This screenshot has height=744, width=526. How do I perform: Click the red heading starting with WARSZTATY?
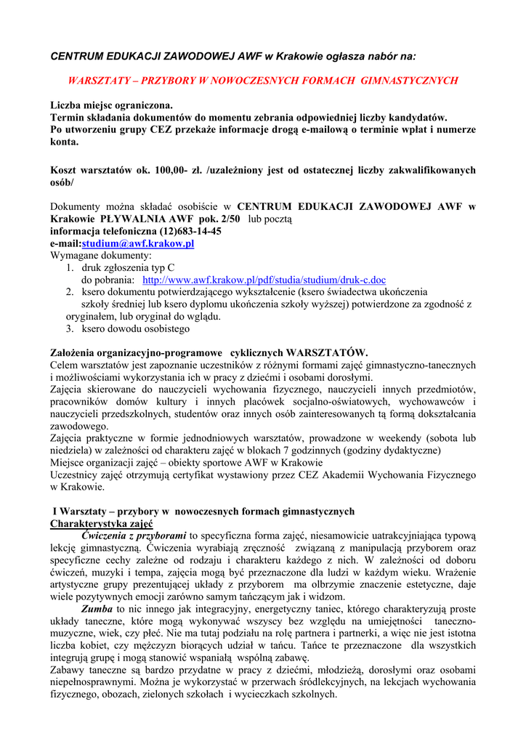point(262,81)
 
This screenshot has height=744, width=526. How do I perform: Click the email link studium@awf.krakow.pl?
point(138,243)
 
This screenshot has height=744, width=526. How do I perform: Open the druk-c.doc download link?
point(264,280)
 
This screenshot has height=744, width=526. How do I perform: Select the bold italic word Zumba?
point(98,608)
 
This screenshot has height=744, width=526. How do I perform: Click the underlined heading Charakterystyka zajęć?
point(101,523)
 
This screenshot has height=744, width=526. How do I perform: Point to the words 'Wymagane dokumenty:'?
point(101,256)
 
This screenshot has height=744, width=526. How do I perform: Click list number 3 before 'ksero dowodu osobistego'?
point(70,328)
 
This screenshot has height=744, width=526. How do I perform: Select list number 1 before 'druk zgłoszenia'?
point(70,267)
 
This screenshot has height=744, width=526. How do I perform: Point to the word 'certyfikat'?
point(195,474)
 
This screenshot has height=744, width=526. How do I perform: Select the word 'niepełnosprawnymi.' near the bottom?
point(91,682)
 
